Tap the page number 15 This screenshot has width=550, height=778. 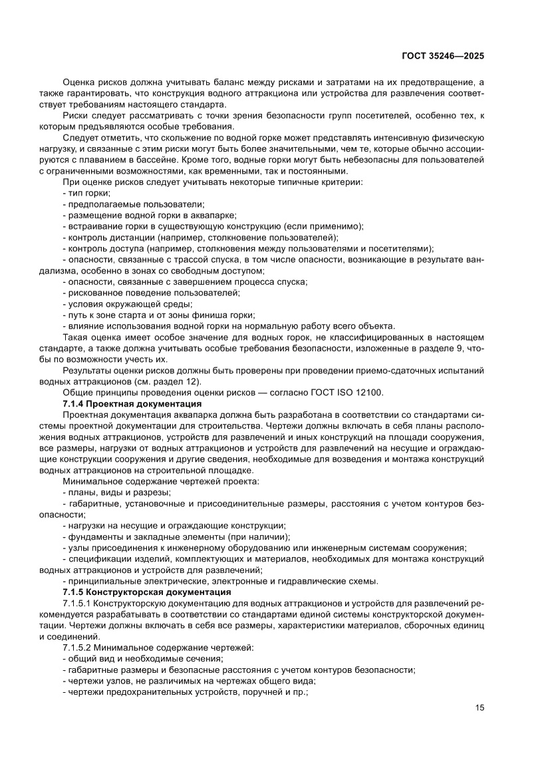[480, 707]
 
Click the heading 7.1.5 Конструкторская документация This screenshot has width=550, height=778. [146, 592]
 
